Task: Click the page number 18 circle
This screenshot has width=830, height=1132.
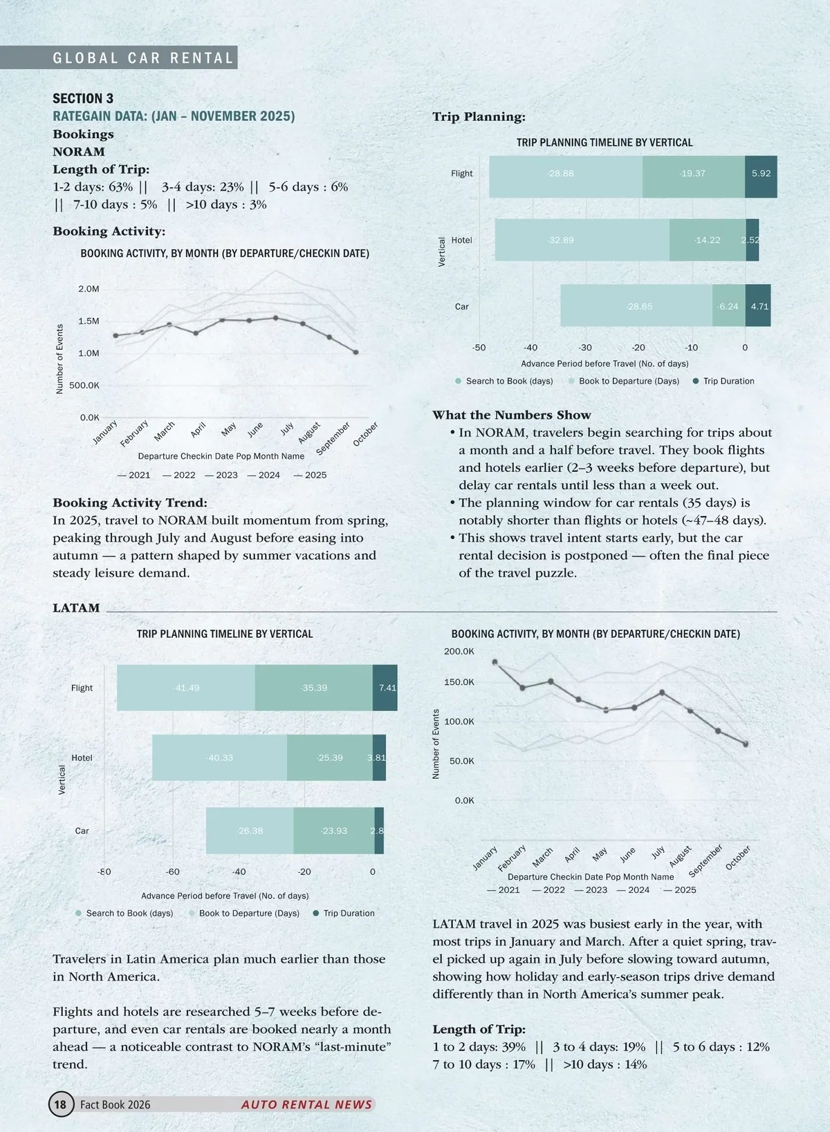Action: (x=60, y=1104)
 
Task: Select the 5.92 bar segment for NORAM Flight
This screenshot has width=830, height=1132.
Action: (x=761, y=173)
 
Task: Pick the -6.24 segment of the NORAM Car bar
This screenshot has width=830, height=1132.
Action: (x=728, y=306)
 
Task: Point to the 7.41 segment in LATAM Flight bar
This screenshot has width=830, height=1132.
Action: (x=385, y=688)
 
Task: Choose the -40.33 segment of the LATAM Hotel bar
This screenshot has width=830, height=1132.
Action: (x=219, y=757)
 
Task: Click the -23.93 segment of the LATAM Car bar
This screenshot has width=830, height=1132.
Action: (x=333, y=831)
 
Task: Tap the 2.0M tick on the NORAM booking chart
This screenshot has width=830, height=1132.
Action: (x=89, y=289)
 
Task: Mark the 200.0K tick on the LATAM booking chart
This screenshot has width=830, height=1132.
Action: (x=459, y=651)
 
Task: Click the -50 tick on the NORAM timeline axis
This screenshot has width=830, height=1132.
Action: (x=479, y=348)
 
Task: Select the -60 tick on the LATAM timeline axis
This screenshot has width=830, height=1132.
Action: (x=173, y=871)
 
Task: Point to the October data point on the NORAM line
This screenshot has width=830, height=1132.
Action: (x=356, y=352)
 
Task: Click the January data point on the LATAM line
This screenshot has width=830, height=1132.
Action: (x=495, y=661)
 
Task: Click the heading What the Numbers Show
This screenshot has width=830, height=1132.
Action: (x=511, y=415)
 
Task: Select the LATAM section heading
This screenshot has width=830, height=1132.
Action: (x=76, y=608)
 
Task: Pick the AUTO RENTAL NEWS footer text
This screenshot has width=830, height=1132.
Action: (x=306, y=1104)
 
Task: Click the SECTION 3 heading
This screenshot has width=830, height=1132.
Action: (x=83, y=98)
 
